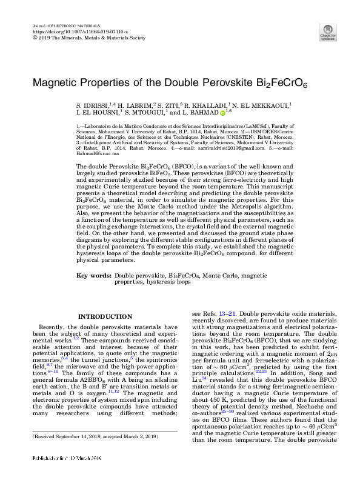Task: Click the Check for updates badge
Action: click(x=327, y=32)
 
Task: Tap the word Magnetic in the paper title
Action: click(x=54, y=81)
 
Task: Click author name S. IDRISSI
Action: click(x=93, y=105)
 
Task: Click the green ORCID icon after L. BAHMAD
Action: click(x=222, y=113)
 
